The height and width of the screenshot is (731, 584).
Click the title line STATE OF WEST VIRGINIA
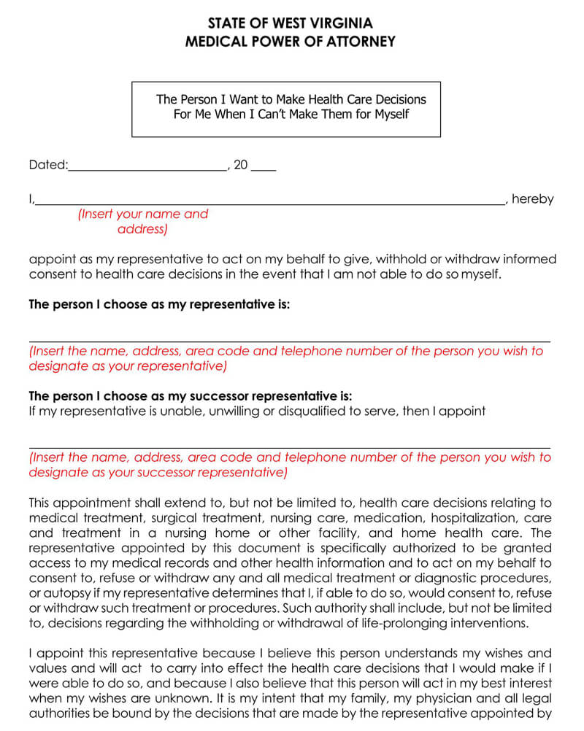(x=290, y=23)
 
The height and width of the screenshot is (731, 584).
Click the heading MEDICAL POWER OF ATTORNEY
(x=290, y=42)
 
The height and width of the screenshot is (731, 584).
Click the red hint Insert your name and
(x=143, y=214)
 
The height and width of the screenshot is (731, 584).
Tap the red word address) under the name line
(x=142, y=230)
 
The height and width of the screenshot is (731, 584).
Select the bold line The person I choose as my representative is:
(x=159, y=305)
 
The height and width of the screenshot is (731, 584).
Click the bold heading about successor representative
(x=190, y=396)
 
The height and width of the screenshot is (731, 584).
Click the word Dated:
(x=47, y=166)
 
